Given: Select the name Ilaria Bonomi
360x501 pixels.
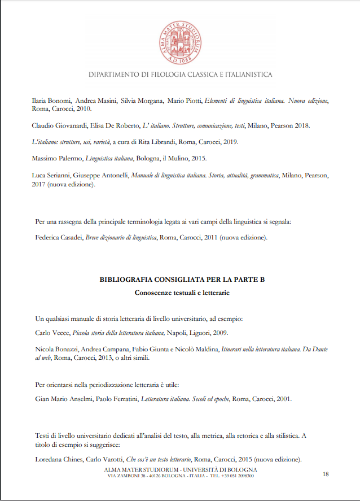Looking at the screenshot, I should pyautogui.click(x=51, y=101).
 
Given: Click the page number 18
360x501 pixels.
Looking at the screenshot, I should pyautogui.click(x=326, y=474).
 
